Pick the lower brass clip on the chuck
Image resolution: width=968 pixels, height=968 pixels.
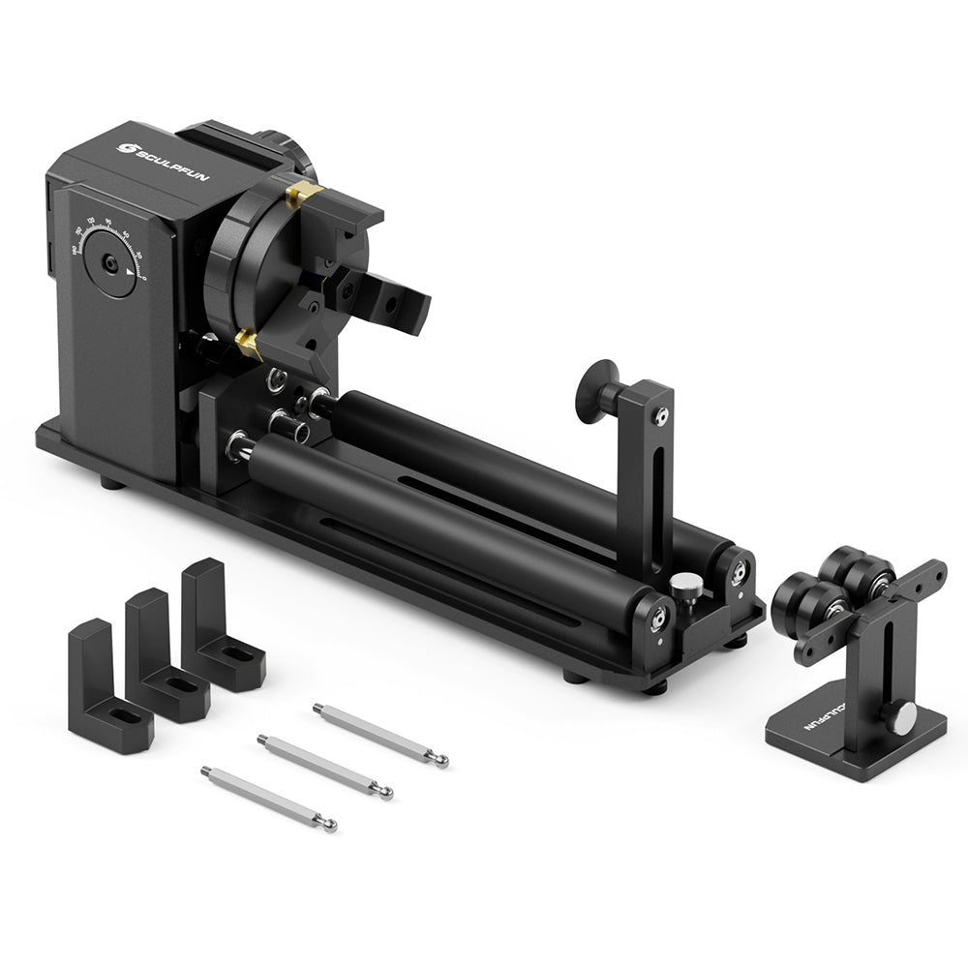249,341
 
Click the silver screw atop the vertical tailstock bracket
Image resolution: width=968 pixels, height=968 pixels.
660,416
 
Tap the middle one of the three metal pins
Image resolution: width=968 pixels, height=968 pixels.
324,766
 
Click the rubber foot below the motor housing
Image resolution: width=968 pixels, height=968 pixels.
112,481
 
